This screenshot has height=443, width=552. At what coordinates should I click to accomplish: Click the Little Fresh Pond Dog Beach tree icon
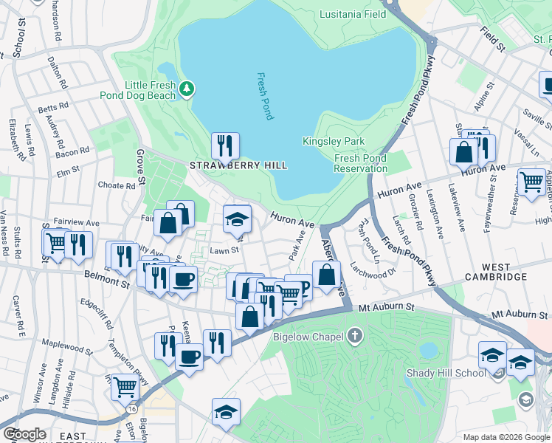tap(187, 89)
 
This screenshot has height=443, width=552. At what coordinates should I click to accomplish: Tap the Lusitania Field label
tap(353, 14)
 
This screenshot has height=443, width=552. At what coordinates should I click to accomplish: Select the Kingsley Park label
tap(334, 141)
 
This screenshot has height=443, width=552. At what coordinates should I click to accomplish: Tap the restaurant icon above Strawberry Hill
tap(225, 145)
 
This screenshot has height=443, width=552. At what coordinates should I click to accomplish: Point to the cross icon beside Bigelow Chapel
tap(356, 337)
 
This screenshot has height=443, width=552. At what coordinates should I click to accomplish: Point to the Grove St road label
tap(139, 166)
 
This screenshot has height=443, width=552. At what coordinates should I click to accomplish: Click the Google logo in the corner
tap(24, 433)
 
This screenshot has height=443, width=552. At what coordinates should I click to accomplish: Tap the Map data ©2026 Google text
tap(506, 437)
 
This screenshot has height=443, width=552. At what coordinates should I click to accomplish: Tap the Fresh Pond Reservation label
tap(360, 163)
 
